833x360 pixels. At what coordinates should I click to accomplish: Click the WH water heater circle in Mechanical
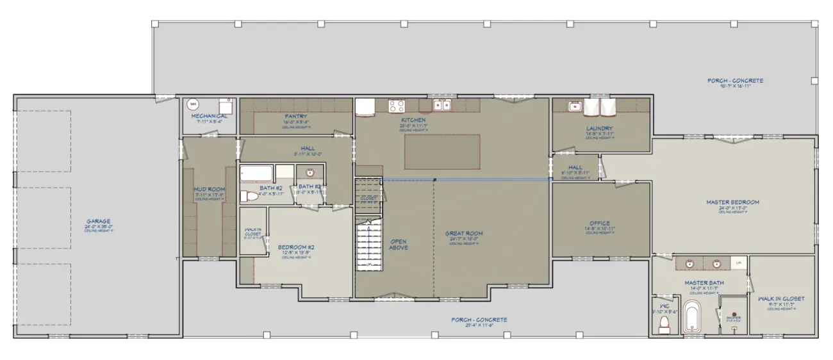pos(192,104)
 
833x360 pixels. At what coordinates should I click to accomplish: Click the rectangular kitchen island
pos(442,152)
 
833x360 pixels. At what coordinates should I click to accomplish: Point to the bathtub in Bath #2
pos(257,174)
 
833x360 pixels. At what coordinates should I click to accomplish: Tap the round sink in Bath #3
pos(310,173)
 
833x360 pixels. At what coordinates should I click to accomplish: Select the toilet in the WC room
pos(665,323)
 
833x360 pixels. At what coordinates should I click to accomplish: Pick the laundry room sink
pos(575,106)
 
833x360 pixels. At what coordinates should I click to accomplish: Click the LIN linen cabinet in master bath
pos(738,263)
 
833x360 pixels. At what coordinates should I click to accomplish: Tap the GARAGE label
pos(99,222)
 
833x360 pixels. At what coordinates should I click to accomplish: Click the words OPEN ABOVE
pos(398,244)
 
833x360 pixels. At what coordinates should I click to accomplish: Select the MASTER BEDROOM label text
pos(732,202)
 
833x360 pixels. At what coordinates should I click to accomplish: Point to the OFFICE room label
pos(599,224)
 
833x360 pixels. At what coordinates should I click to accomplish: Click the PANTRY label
pos(296,117)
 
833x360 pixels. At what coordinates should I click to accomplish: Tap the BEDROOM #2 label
pos(296,247)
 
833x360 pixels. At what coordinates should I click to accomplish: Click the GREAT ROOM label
pos(464,233)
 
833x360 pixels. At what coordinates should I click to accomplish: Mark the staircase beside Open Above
pos(368,243)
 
